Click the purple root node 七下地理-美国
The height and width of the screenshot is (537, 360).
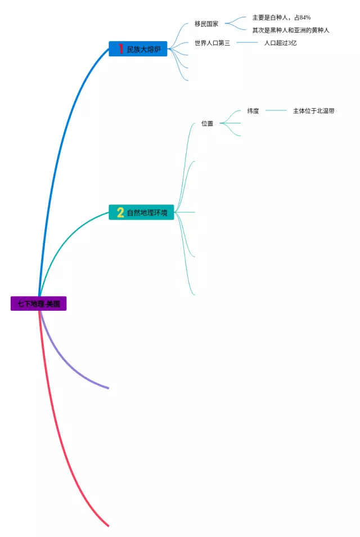[x=38, y=304]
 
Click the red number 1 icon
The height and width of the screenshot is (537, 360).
[x=120, y=49]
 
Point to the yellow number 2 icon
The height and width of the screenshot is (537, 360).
[x=120, y=212]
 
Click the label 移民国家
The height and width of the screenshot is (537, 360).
[x=206, y=24]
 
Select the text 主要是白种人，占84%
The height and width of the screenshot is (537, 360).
[x=281, y=17]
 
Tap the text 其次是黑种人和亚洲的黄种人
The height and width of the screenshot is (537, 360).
[x=290, y=30]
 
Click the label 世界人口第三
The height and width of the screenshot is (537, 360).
[x=212, y=43]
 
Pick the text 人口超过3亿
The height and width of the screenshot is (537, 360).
[x=280, y=43]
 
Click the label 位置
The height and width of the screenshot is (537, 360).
[x=207, y=123]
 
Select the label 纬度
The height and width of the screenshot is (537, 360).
[x=253, y=111]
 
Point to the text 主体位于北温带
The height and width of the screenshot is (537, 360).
[x=313, y=111]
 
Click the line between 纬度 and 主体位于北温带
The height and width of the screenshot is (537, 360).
[x=276, y=111]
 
